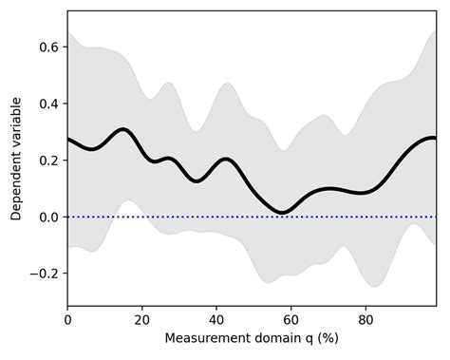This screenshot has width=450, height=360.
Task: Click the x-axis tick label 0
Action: tap(67, 320)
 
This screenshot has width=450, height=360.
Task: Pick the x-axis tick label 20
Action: tap(141, 320)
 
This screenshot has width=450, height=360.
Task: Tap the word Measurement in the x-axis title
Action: tap(206, 339)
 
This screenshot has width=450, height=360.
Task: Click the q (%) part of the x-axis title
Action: tap(319, 339)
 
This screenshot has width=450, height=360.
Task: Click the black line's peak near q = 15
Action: tap(122, 129)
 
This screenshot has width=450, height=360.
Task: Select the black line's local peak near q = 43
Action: tap(226, 159)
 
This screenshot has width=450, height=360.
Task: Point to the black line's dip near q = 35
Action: tap(197, 180)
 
